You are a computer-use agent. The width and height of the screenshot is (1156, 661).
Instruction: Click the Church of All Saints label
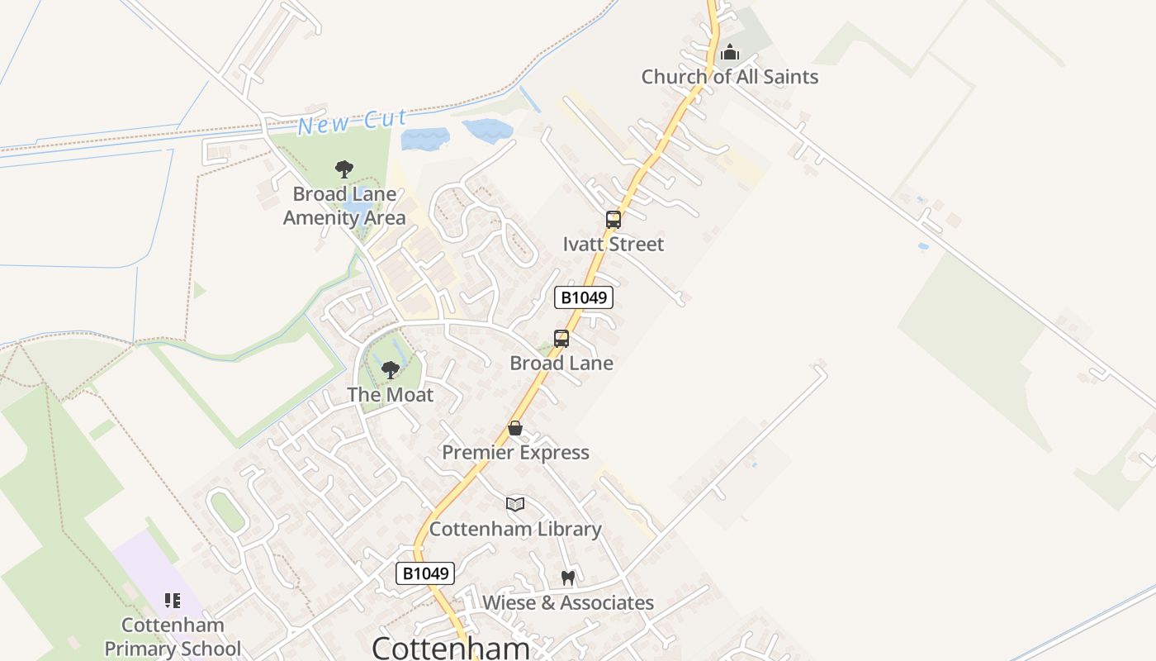pos(730,77)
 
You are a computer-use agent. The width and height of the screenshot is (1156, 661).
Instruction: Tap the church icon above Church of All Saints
pos(730,54)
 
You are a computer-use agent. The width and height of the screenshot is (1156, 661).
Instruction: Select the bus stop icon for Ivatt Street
pos(613,220)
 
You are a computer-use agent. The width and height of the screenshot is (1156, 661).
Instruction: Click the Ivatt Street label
pos(613,245)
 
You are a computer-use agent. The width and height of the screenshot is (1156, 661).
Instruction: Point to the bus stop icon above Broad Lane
pos(561,339)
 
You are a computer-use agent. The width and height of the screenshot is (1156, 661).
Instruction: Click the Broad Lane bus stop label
pos(561,364)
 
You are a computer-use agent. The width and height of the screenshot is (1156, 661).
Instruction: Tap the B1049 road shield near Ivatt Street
pos(584,297)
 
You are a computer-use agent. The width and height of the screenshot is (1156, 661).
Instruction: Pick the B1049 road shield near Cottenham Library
pos(425,573)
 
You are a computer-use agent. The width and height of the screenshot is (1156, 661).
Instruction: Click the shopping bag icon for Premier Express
pos(515,428)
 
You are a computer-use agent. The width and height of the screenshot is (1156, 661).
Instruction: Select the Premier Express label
pos(515,453)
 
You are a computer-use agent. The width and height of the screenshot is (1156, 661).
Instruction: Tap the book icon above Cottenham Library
pos(515,504)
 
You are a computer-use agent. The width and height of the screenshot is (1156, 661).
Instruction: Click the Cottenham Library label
pos(515,530)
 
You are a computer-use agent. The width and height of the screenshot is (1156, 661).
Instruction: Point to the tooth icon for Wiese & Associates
pos(567,578)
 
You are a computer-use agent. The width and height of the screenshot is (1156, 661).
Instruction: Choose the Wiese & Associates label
pos(568,603)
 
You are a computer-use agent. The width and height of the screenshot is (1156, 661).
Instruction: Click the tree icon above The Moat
pos(391,369)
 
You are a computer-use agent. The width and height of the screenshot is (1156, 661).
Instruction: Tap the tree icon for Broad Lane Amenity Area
pos(344,169)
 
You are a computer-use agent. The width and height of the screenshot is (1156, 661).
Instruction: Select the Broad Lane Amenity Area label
pos(344,207)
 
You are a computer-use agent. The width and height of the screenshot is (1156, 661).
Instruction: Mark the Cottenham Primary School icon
pos(173,601)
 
